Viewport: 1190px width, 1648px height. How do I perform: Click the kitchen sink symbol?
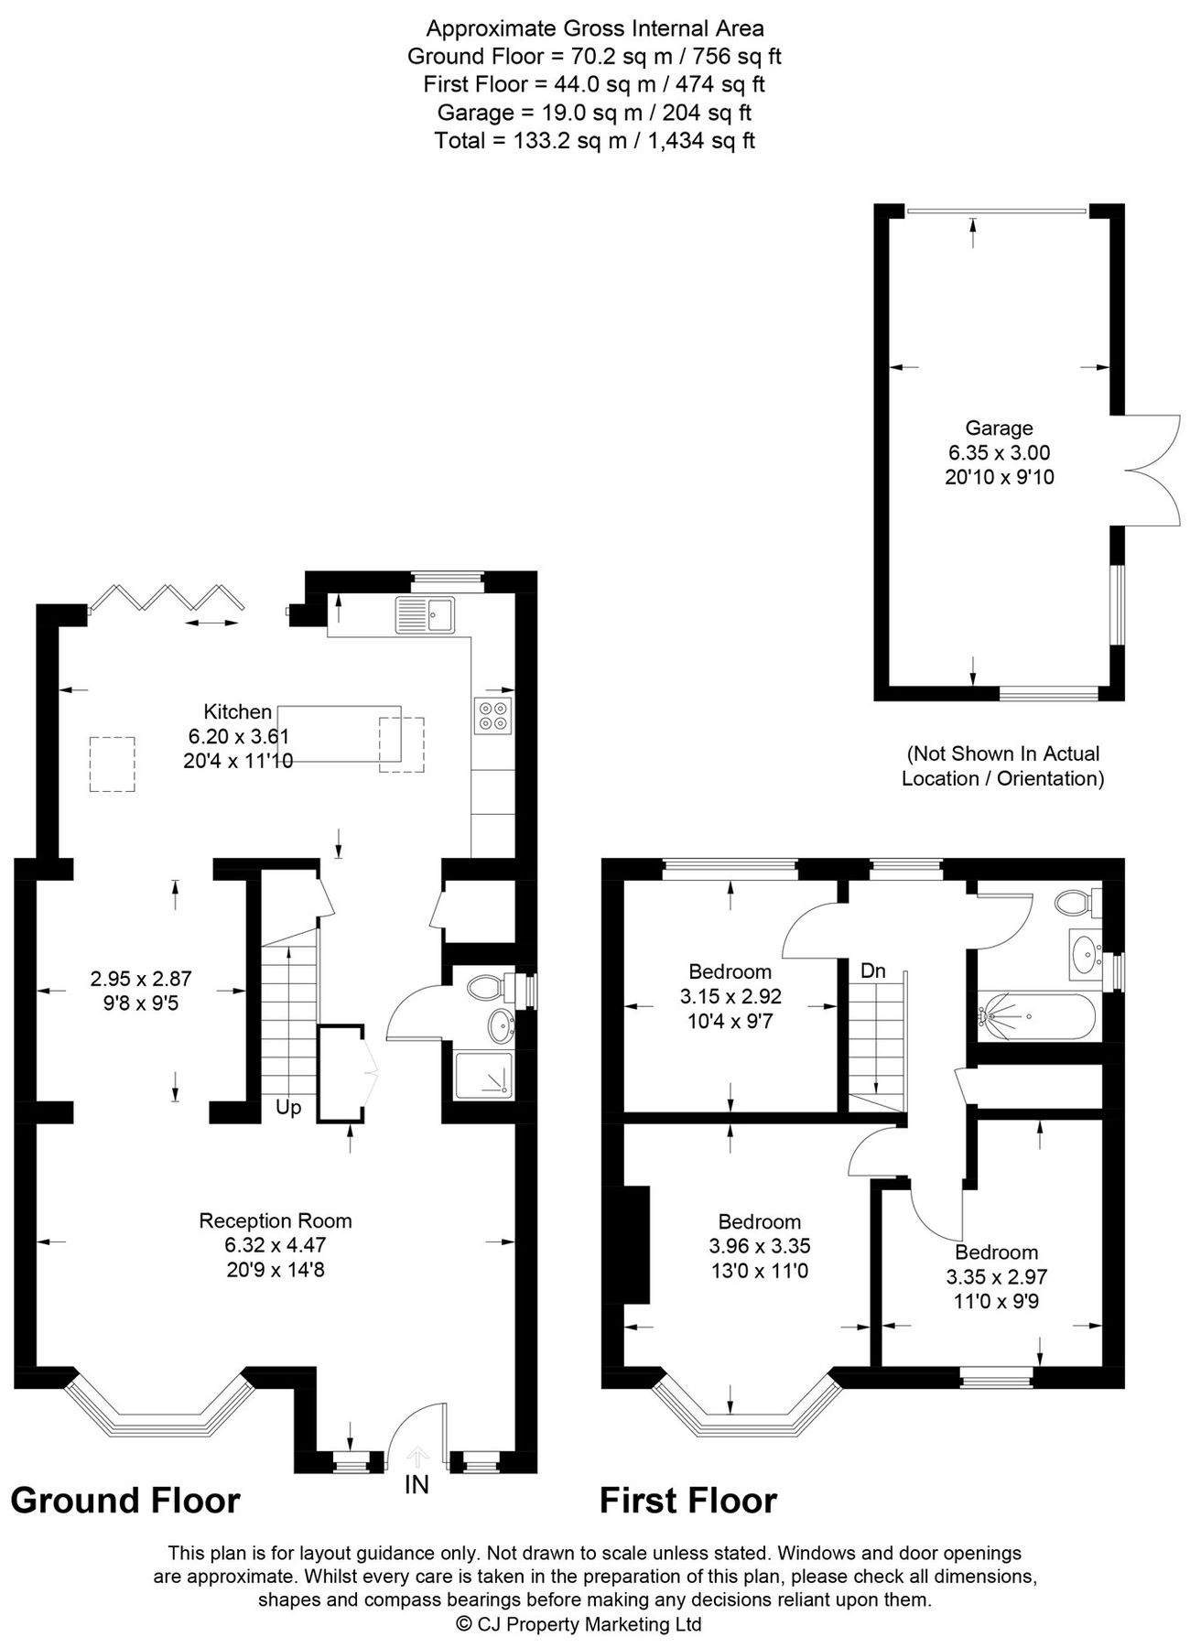[x=425, y=614]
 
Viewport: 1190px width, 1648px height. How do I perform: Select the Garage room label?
[x=999, y=428]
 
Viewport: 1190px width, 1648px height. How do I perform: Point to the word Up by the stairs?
[x=288, y=1108]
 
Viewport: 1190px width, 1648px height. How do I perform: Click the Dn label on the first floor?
[x=872, y=970]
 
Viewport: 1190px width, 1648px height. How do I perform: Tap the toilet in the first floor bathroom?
[x=1073, y=904]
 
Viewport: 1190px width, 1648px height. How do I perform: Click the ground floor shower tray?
[x=484, y=1075]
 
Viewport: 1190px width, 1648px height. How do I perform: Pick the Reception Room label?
[x=276, y=1220]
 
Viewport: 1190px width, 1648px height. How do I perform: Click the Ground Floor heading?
[x=125, y=1502]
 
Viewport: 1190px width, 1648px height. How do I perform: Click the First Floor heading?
[x=688, y=1502]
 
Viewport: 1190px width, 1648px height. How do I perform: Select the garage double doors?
[x=1151, y=471]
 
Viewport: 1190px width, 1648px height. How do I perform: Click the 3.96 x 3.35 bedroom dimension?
[x=760, y=1246]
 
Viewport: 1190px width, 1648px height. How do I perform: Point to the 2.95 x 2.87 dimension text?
[x=141, y=979]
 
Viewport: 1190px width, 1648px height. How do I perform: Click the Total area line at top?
[x=594, y=140]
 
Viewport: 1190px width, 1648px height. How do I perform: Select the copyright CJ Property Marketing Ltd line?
[x=579, y=1624]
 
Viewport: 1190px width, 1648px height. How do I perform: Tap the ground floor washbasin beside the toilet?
[x=501, y=1026]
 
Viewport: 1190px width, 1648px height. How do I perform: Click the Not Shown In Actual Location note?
[x=1003, y=765]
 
